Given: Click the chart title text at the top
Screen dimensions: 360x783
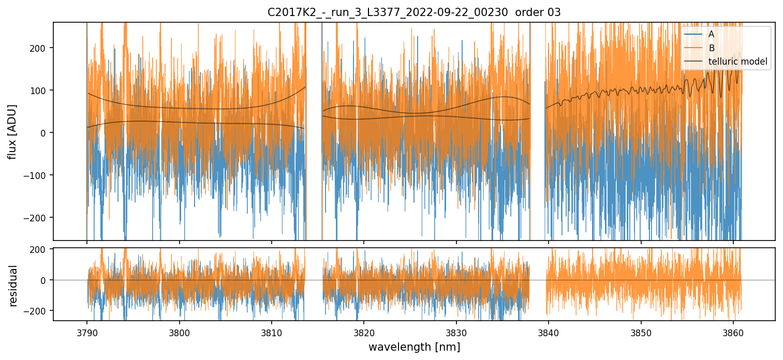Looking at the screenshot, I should [414, 12].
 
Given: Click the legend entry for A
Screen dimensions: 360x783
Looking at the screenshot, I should [711, 34].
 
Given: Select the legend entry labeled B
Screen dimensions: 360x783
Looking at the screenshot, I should [711, 48].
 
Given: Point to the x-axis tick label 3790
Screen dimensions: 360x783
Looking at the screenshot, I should [87, 331].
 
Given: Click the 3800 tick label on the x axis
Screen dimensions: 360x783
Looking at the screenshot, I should [179, 331].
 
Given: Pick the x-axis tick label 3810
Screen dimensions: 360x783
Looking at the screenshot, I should [272, 331].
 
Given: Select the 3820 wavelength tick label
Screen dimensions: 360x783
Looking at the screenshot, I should [364, 331].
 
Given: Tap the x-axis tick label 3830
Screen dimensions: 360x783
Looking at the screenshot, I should [456, 331].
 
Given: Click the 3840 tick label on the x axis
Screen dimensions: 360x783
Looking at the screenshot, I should [549, 331].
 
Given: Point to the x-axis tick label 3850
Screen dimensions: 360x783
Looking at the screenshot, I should [641, 331].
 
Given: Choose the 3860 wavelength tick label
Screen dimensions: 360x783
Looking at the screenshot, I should [733, 331].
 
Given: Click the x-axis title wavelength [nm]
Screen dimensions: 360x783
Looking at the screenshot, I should [414, 347].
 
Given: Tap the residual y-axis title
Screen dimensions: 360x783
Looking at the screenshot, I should [13, 286].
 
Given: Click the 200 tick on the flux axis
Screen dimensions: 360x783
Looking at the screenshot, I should [39, 48].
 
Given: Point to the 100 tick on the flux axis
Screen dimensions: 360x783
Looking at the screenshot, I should [39, 91].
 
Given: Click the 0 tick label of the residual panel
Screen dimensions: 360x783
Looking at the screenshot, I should [43, 280].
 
